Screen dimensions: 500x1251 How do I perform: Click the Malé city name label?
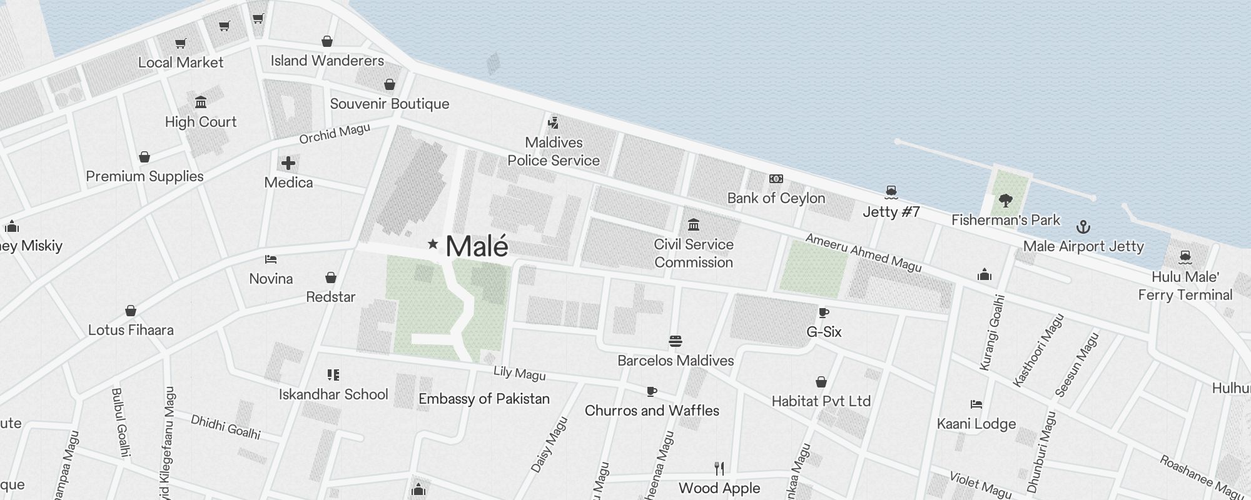(477, 246)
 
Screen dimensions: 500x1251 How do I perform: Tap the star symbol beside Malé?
(432, 244)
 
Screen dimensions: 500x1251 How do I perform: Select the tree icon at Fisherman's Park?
(1006, 201)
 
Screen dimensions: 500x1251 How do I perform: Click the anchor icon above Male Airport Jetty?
(1083, 227)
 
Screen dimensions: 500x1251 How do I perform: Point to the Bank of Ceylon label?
(776, 198)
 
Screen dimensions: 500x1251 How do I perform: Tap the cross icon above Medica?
(288, 164)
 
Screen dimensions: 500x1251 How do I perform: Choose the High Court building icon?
(201, 102)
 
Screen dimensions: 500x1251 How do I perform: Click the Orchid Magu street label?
(335, 134)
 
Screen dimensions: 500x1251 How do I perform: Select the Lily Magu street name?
(519, 373)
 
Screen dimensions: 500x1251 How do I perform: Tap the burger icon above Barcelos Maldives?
(675, 341)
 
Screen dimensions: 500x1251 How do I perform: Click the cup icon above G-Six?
(824, 312)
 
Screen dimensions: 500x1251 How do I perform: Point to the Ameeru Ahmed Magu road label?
(863, 252)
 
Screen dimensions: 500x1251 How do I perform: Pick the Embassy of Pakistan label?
(484, 399)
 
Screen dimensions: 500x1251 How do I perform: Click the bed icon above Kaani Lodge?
(976, 404)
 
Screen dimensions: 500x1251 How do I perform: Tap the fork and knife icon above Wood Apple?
(719, 468)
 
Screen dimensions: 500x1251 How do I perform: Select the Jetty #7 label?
(891, 212)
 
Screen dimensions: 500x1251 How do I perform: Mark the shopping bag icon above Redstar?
(331, 277)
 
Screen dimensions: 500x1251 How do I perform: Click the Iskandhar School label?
(333, 394)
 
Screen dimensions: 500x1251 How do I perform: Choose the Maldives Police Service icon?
(553, 122)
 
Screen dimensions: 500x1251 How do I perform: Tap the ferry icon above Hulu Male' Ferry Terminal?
(1185, 257)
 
